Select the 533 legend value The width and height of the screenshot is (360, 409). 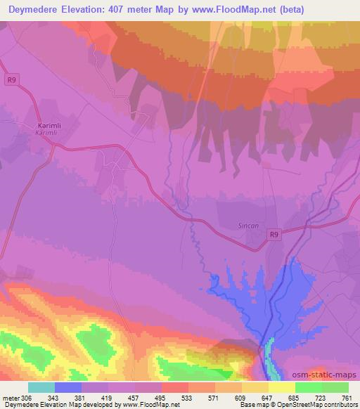point(187,397)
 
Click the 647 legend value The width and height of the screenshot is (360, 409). point(267,397)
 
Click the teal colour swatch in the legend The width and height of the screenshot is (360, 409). point(41,387)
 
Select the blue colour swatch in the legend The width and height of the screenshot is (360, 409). point(67,387)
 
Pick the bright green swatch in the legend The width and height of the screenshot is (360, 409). point(308,387)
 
